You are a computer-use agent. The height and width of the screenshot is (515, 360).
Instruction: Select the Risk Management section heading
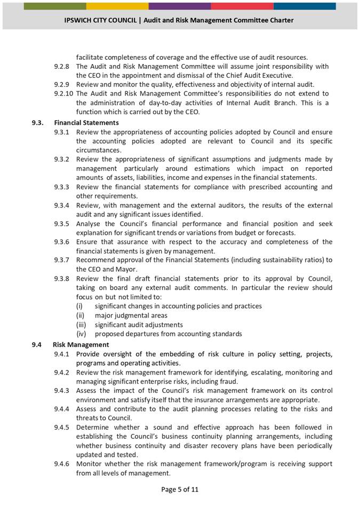pos(81,345)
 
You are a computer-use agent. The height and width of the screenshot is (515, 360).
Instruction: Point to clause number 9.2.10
pos(63,93)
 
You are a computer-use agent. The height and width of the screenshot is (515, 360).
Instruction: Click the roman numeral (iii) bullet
pos(81,324)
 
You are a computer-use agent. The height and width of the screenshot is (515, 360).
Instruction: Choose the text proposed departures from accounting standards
pos(168,334)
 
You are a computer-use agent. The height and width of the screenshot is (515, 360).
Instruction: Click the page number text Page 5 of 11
pos(180,489)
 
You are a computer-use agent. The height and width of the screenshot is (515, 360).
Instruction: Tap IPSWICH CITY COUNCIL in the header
pos(102,20)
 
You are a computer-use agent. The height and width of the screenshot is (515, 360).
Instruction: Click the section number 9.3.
pos(37,123)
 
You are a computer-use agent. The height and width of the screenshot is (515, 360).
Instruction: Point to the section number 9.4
pos(36,345)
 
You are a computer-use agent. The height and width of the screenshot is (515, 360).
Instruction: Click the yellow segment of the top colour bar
pos(117,6)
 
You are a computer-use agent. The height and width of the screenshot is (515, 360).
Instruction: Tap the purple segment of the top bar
pos(179,6)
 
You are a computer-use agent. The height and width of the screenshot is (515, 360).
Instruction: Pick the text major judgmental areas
pos(131,315)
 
